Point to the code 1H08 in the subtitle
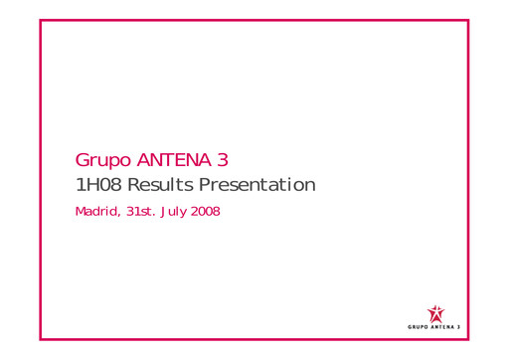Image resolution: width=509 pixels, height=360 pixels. coord(96,185)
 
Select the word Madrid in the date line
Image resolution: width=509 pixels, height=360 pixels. coord(95,212)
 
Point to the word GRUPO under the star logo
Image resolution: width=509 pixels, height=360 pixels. coord(420,325)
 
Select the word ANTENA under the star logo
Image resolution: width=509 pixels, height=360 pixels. coord(444,325)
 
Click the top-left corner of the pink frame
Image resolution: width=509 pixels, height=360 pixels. coord(41,19)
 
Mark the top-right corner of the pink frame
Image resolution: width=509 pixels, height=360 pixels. coord(467,19)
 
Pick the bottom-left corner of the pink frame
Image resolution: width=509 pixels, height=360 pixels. coord(41,340)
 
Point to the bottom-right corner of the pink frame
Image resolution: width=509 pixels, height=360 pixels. coord(467,340)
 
